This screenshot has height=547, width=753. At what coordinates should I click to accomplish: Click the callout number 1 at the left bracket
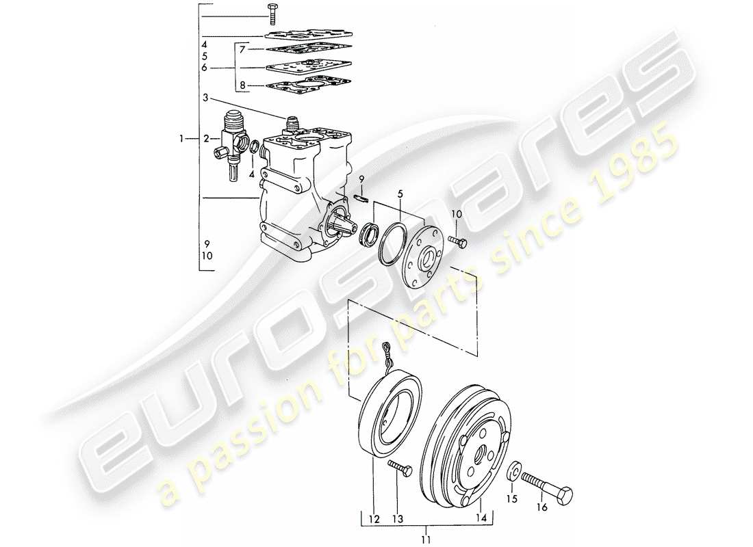tap(182, 139)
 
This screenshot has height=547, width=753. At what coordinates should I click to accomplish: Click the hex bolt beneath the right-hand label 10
tap(458, 241)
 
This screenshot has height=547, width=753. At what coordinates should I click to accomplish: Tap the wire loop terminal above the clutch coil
tap(387, 350)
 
